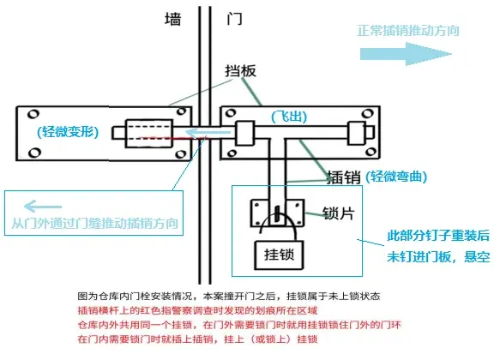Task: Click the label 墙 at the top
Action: pos(173,20)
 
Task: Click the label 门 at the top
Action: pos(234,19)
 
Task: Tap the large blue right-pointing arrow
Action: pos(406,54)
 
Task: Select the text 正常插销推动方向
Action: pos(408,31)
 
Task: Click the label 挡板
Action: pos(241,71)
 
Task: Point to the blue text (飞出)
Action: pos(289,117)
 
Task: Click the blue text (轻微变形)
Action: pos(68,131)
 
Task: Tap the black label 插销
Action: pos(344,177)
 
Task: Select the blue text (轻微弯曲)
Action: pos(396,177)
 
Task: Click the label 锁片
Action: pos(338,213)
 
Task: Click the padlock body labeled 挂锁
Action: pos(279,255)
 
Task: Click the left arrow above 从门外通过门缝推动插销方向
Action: pos(43,207)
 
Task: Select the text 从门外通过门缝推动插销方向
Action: pos(94,223)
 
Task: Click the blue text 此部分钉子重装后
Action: pos(438,236)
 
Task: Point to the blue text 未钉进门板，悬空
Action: pos(438,256)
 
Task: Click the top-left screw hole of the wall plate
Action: pos(33,114)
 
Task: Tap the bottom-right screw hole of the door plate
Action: pos(370,152)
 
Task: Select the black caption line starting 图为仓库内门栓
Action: pos(229,296)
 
